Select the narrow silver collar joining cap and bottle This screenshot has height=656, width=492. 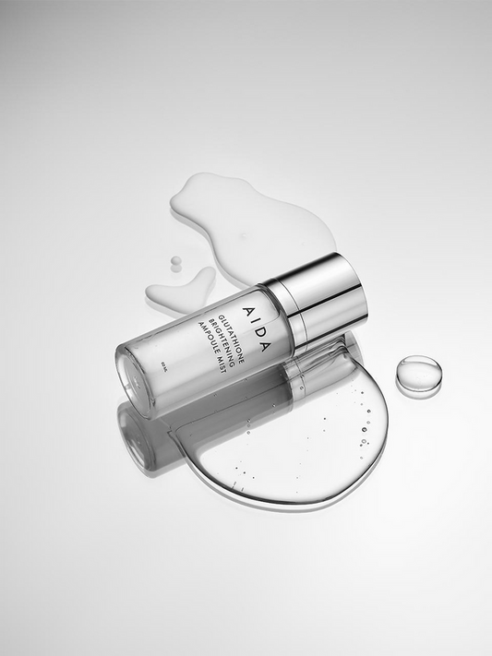(x=282, y=309)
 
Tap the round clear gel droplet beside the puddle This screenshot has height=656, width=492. (x=419, y=374)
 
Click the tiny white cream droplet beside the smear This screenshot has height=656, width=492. (x=175, y=263)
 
